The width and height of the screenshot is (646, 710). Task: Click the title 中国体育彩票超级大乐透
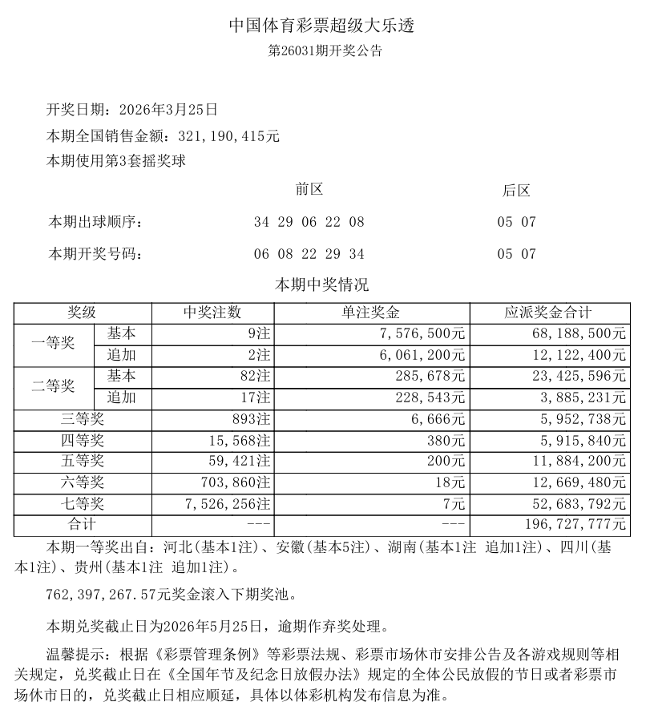(x=322, y=26)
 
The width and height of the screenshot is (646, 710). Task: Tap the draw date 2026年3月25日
(x=168, y=110)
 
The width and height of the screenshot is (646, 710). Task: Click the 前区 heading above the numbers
(x=309, y=190)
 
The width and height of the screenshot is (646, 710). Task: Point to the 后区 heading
(x=516, y=191)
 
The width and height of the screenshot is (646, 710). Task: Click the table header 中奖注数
(x=212, y=313)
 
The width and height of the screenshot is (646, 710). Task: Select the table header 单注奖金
(x=371, y=313)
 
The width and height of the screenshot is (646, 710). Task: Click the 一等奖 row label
(x=53, y=344)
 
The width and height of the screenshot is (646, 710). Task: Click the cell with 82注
(x=253, y=376)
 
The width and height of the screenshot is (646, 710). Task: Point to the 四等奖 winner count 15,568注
(x=233, y=440)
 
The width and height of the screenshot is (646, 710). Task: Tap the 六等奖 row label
(x=81, y=482)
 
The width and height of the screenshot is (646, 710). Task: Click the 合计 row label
(x=81, y=525)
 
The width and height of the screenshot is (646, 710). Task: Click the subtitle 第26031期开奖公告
(x=323, y=51)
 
